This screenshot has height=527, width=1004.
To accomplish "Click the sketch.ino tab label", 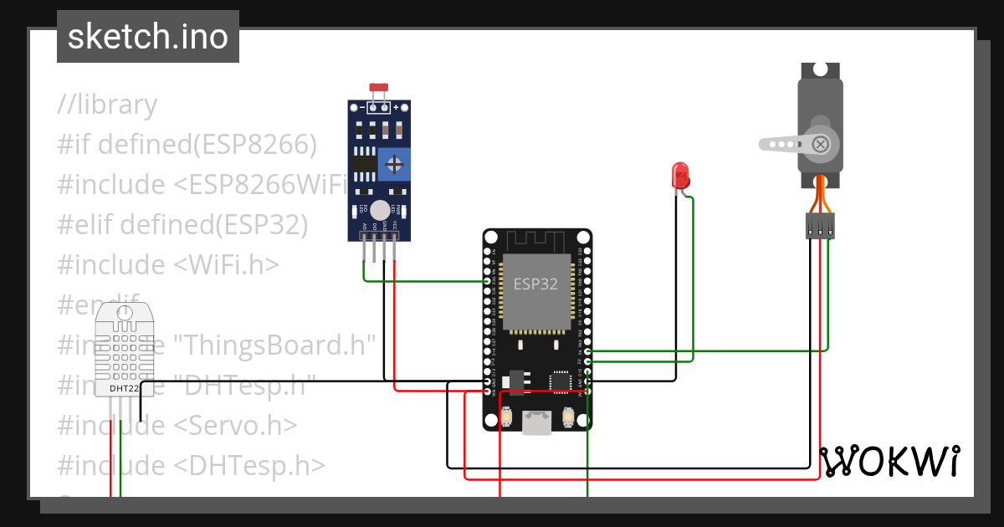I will (x=148, y=37).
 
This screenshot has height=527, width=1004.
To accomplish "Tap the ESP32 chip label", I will (x=535, y=284).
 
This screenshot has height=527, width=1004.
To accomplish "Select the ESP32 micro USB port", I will (x=536, y=422).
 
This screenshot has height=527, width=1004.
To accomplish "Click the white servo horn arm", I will (x=786, y=144).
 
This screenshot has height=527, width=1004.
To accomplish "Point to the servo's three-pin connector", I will (x=820, y=226).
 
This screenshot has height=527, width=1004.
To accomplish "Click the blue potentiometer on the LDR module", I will (x=392, y=164).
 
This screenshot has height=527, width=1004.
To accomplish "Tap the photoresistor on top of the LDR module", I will (x=379, y=88).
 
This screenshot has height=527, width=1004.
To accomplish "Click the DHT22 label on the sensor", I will (x=123, y=388).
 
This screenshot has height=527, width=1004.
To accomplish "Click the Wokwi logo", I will (x=889, y=462).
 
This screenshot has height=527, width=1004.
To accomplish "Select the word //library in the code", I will (x=107, y=105).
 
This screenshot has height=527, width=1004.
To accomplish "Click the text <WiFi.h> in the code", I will (x=226, y=264).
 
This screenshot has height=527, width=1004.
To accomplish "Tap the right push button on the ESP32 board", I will (x=568, y=417).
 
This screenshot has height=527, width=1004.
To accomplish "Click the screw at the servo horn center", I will (x=821, y=144).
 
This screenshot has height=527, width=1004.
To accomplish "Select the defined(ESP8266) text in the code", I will (x=207, y=145).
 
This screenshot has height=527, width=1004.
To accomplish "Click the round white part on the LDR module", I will (x=380, y=210).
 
